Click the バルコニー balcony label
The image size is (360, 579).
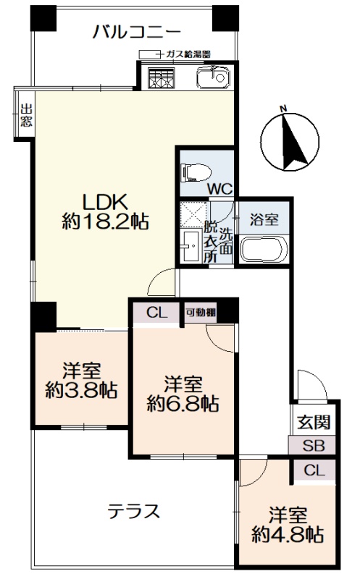(x=137, y=31)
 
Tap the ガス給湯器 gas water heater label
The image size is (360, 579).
(x=188, y=54)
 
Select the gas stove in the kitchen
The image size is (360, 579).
(x=161, y=78)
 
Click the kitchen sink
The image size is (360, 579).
(x=213, y=77)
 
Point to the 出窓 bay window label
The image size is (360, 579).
(x=26, y=115)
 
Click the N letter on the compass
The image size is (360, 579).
(x=283, y=109)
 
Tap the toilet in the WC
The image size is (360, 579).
(x=196, y=172)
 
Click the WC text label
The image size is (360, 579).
(x=219, y=189)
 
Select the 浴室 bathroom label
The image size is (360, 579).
(x=264, y=220)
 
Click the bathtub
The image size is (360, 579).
(x=264, y=249)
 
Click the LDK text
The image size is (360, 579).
(x=105, y=202)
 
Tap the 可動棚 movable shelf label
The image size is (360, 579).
(x=201, y=313)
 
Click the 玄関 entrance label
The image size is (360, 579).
(x=314, y=422)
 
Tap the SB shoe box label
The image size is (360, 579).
(x=314, y=446)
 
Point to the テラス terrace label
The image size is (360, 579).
(x=134, y=512)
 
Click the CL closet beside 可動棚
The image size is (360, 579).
(x=157, y=313)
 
